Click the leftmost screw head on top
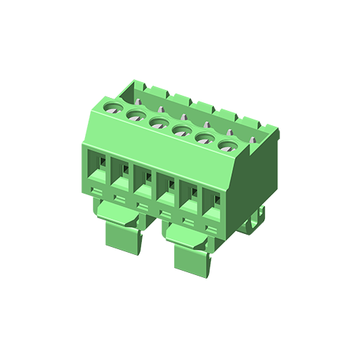[113, 107]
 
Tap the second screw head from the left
[135, 114]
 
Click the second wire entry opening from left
[120, 177]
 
